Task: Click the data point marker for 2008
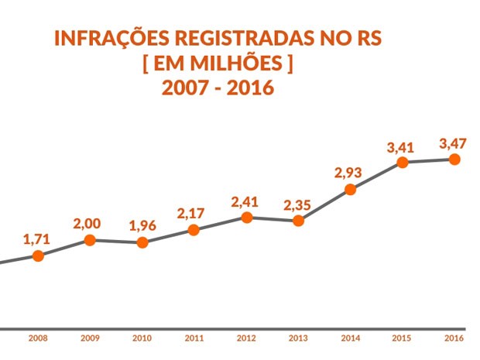pos(37,255)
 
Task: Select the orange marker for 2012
pos(246,218)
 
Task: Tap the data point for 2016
pos(454,159)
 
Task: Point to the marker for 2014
pos(350,189)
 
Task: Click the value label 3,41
pos(401,146)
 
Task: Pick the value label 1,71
pos(37,238)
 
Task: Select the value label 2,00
pos(89,224)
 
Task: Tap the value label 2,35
pos(298,205)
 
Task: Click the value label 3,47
pos(453,143)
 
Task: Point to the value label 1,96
pos(142,226)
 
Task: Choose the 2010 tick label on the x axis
pos(142,338)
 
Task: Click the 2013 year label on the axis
pos(298,338)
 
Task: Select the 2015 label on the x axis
pos(403,338)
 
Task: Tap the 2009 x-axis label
pos(90,338)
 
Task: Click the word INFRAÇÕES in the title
pos(110,38)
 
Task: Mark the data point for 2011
pos(194,230)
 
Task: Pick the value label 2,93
pos(349,173)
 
